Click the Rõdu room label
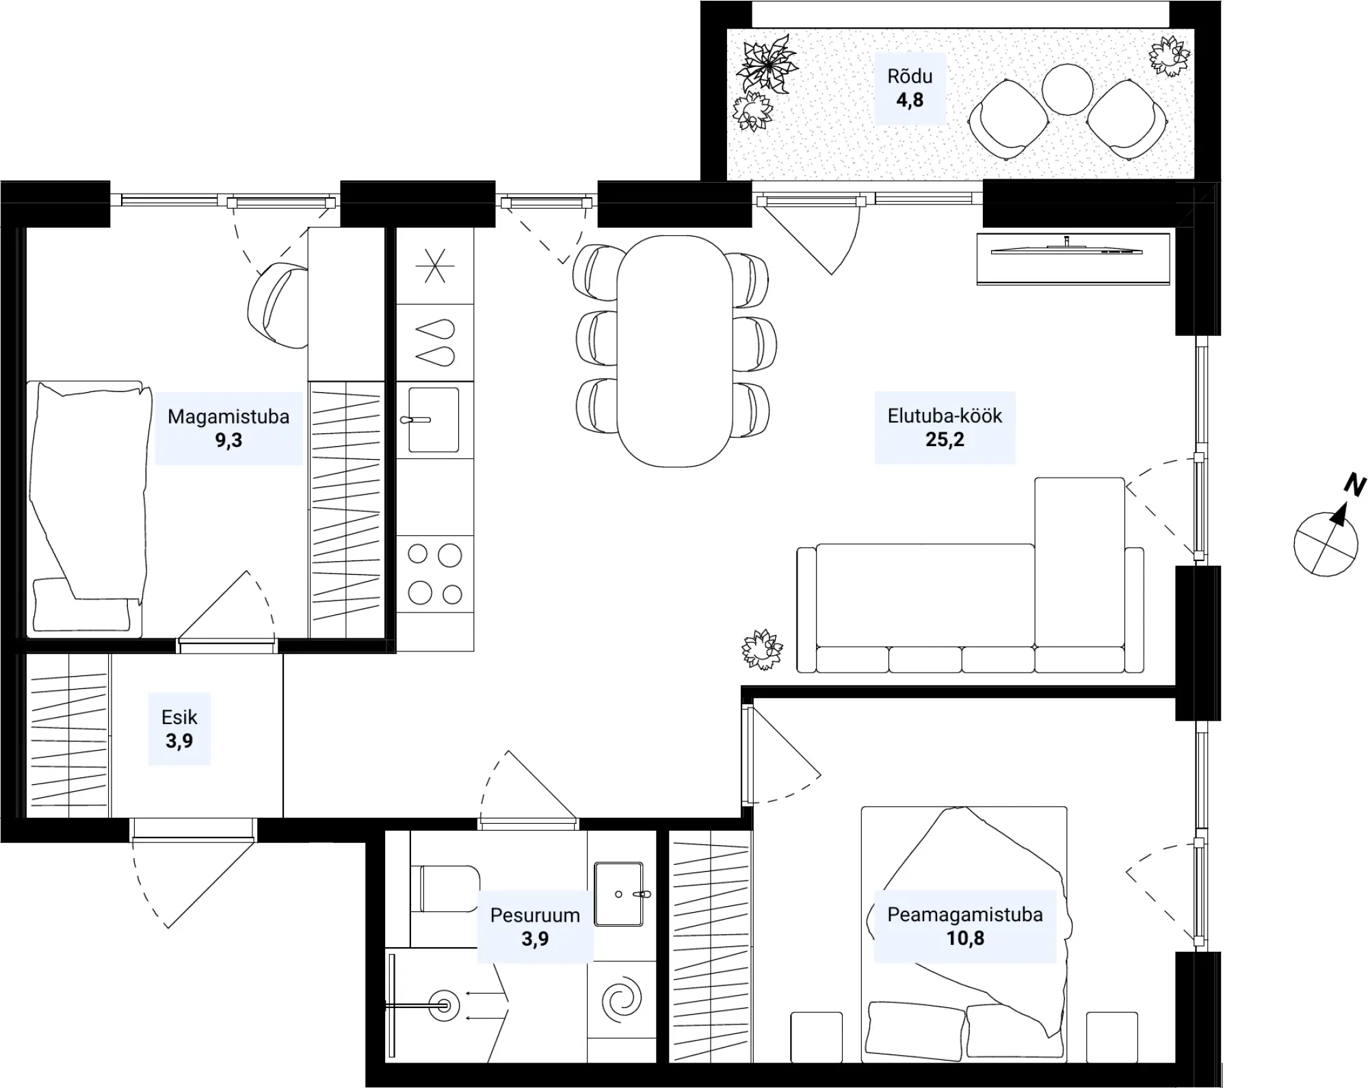pyautogui.click(x=910, y=76)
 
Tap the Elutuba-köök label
pyautogui.click(x=945, y=416)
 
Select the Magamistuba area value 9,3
pyautogui.click(x=228, y=440)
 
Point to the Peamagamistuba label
pyautogui.click(x=965, y=915)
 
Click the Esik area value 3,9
pyautogui.click(x=179, y=740)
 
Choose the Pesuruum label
pyautogui.click(x=535, y=915)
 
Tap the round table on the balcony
pyautogui.click(x=1068, y=89)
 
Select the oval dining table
pyautogui.click(x=674, y=351)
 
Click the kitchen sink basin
pyautogui.click(x=434, y=420)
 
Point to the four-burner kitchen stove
pyautogui.click(x=435, y=574)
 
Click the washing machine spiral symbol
pyautogui.click(x=622, y=999)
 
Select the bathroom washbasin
pyautogui.click(x=618, y=894)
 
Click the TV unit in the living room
pyautogui.click(x=1073, y=259)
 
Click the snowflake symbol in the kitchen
pyautogui.click(x=435, y=265)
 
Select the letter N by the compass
pyautogui.click(x=1354, y=484)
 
